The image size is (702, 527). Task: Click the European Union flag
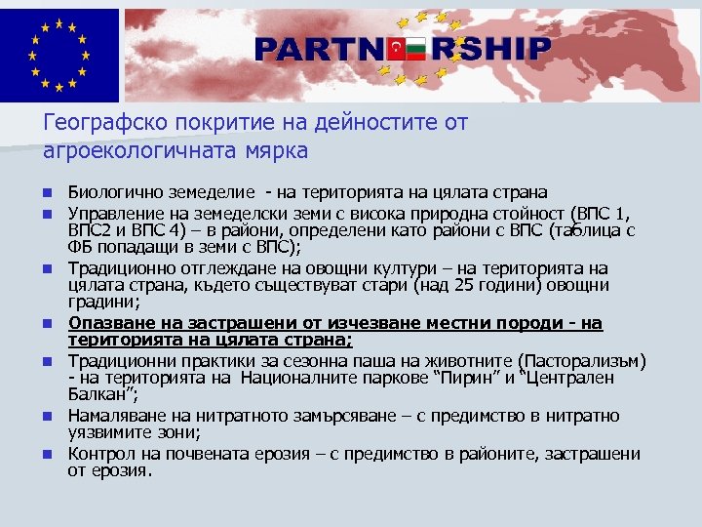pos(58,55)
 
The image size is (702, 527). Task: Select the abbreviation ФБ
pos(79,248)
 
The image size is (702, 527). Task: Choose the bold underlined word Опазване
pos(102,322)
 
